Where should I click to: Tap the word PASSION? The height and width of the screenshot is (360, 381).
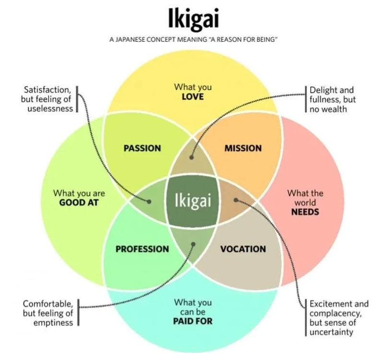tap(142, 148)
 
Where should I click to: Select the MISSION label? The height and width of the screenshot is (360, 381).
tap(243, 148)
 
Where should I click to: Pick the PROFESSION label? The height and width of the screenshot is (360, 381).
tap(142, 249)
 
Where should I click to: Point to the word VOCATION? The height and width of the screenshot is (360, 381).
tap(243, 249)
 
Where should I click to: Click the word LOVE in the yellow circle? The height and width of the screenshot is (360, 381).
tap(193, 97)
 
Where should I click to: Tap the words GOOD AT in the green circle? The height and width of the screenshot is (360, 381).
tap(79, 203)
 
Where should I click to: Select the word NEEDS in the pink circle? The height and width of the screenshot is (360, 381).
tap(305, 212)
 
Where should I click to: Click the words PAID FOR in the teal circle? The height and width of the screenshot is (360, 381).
tap(193, 321)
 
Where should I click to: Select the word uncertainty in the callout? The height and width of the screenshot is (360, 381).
tap(332, 332)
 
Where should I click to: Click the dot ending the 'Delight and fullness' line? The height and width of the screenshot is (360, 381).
tap(190, 156)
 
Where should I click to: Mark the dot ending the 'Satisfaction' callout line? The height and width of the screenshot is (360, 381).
tap(149, 202)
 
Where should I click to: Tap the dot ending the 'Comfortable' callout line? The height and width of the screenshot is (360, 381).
tap(193, 244)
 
